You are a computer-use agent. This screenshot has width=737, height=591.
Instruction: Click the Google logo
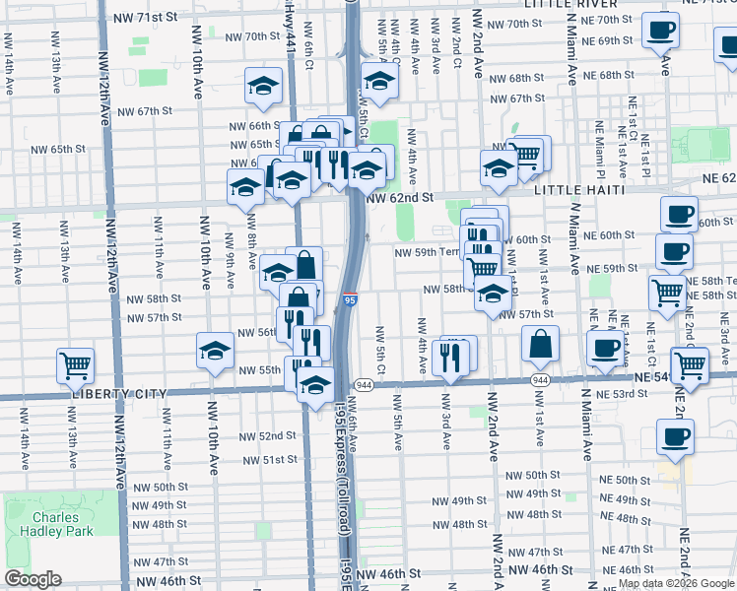tap(33, 579)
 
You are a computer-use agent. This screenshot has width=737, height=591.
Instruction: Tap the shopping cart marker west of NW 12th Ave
tap(76, 364)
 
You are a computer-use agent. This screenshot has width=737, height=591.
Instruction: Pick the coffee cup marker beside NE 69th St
tap(660, 29)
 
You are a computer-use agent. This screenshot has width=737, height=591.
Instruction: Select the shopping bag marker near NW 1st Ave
tap(541, 344)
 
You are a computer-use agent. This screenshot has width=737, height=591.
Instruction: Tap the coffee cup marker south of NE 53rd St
tap(676, 436)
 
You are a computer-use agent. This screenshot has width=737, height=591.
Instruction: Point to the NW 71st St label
tap(145, 18)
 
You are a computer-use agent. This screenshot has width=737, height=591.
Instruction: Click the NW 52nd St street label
tap(269, 435)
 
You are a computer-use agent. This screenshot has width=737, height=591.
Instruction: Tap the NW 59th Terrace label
tap(429, 251)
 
